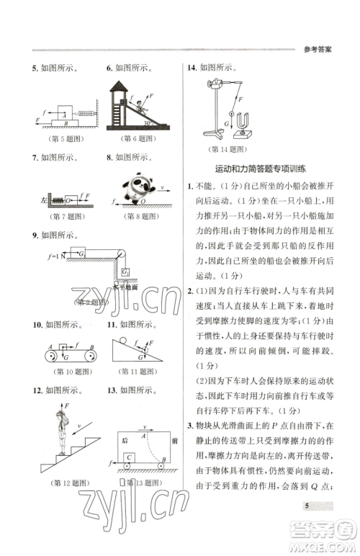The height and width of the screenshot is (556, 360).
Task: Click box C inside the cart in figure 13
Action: click(129, 457)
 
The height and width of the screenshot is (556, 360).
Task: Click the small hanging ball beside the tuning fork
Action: click(230, 115)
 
